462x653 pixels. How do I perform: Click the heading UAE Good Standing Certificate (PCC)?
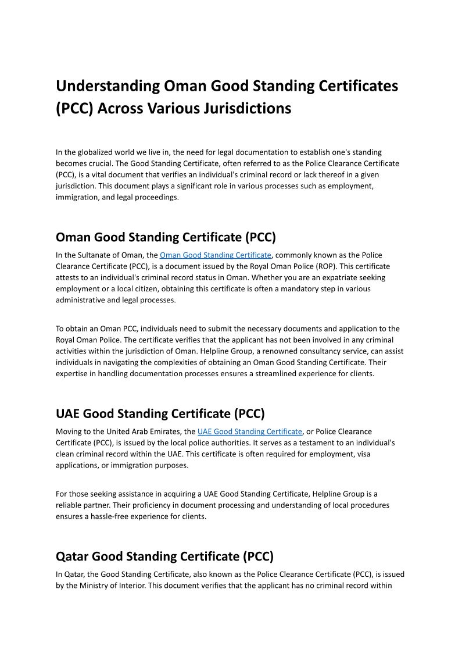pyautogui.click(x=160, y=414)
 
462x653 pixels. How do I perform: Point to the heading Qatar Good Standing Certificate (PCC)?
pyautogui.click(x=164, y=556)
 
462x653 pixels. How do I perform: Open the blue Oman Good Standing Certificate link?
pyautogui.click(x=215, y=255)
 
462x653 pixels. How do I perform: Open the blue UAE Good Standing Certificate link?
pyautogui.click(x=249, y=431)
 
